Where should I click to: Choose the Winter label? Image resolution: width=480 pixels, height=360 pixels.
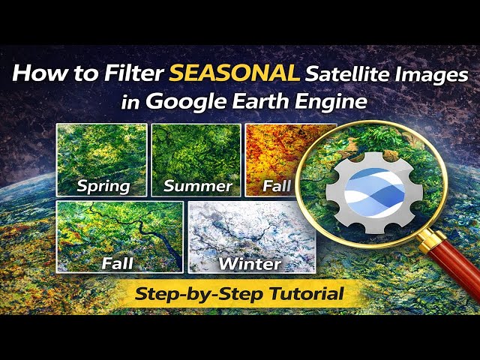click(249, 263)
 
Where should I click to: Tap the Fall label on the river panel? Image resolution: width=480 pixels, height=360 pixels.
click(118, 263)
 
